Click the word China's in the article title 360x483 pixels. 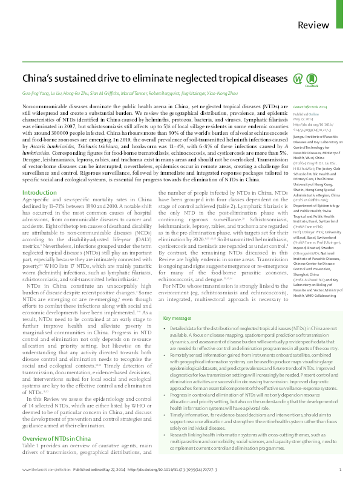39,79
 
